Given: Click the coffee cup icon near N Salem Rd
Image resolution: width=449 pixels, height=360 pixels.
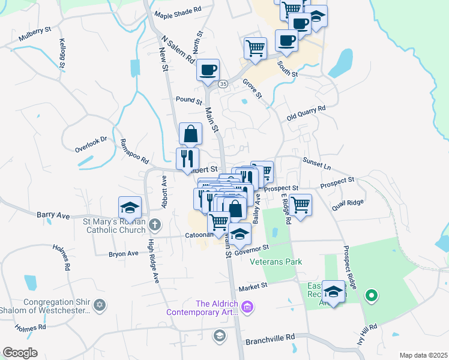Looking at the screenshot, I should pos(208,70).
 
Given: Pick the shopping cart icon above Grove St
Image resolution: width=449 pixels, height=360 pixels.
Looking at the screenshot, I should pos(256,48).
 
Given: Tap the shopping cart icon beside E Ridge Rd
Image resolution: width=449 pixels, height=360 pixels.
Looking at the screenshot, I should pos(300,205).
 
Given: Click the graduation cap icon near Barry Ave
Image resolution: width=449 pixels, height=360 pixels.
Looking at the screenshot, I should pos(130,208).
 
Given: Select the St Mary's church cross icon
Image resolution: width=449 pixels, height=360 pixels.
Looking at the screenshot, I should pos(155,225).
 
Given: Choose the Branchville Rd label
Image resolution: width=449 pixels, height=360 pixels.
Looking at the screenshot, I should pos(270,339).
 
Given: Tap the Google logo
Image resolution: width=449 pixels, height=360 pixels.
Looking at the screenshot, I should pos(20,352).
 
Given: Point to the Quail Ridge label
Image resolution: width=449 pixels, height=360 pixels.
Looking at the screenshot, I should pos(347,203).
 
